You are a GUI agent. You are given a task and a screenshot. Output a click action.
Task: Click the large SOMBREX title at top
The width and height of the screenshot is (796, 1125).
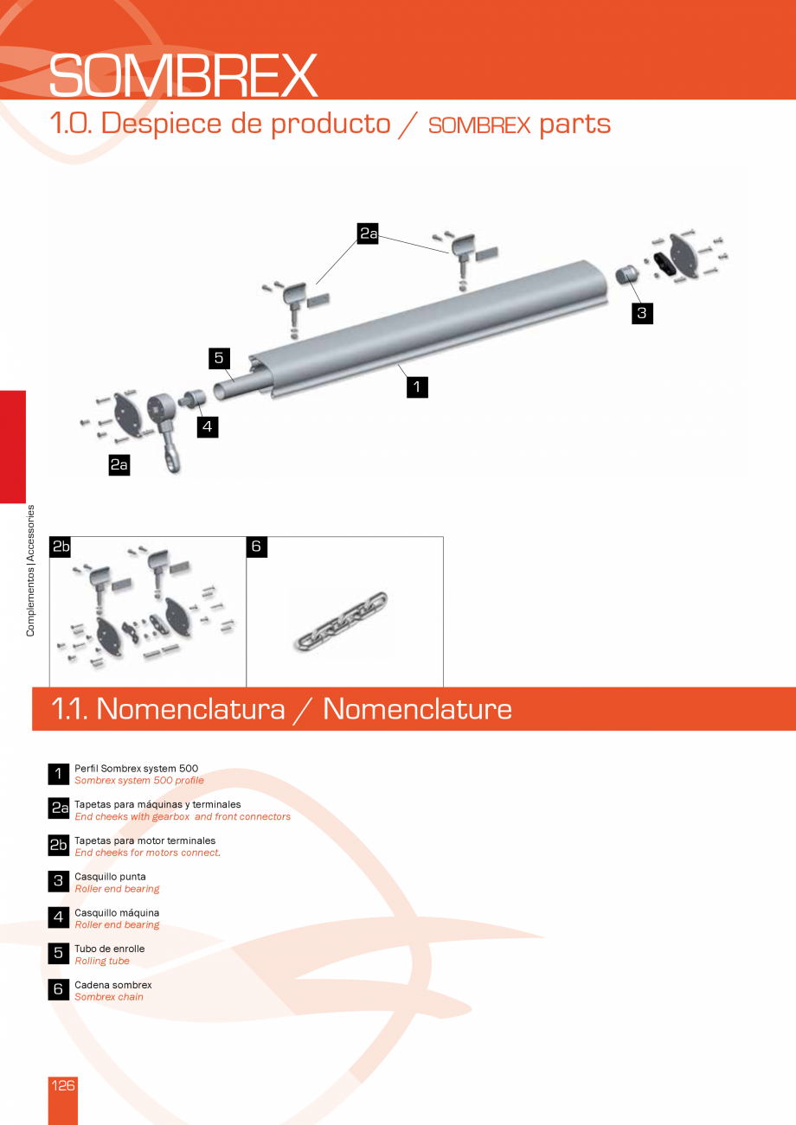(x=183, y=76)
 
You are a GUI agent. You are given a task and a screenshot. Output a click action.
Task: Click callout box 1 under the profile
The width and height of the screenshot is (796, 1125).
(x=417, y=387)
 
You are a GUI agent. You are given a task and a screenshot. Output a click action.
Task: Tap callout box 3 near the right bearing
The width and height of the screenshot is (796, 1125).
(x=641, y=313)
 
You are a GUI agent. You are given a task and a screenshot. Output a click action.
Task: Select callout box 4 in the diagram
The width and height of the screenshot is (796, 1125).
(x=206, y=426)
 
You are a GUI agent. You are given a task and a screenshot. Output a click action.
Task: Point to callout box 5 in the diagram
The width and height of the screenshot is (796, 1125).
(x=220, y=357)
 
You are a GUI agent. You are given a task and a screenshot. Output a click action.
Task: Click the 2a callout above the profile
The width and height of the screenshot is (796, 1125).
(x=368, y=233)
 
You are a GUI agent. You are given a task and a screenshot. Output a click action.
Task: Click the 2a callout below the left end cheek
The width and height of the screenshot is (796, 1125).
(x=119, y=465)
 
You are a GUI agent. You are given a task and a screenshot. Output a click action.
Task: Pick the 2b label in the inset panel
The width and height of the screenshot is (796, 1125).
(x=60, y=547)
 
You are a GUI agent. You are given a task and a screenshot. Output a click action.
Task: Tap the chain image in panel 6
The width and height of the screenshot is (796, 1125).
(x=342, y=621)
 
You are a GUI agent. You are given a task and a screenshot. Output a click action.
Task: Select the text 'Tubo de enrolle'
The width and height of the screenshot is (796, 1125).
(x=110, y=949)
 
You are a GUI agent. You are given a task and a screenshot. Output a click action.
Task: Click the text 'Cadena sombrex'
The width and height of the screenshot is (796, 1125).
(x=113, y=985)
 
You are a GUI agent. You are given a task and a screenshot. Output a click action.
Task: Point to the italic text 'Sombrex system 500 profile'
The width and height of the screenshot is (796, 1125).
(x=139, y=780)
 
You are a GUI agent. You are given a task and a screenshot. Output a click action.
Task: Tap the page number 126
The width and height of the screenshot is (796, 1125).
(x=63, y=1086)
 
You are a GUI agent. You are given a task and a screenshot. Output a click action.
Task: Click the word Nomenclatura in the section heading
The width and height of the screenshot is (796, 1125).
(x=190, y=709)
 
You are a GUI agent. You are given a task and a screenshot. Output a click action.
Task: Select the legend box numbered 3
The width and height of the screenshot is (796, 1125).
(x=58, y=881)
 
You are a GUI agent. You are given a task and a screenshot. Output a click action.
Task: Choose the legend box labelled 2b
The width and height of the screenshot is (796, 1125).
(x=58, y=845)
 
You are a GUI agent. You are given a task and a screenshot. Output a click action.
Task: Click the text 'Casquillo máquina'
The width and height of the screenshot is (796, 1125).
(x=117, y=912)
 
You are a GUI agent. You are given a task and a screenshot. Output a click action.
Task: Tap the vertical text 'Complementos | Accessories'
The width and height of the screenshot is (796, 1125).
(x=30, y=570)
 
